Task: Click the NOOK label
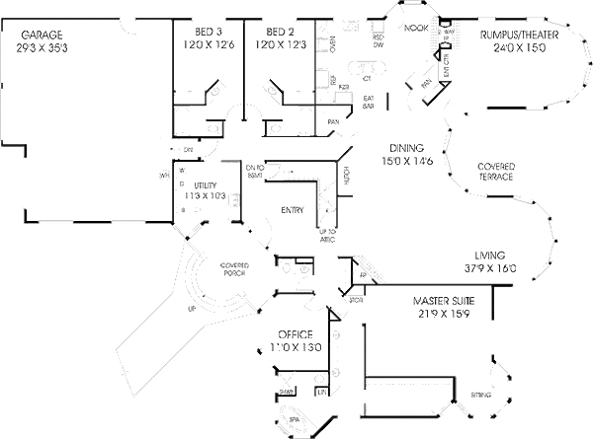416,31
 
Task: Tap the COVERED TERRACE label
495,172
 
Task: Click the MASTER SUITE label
444,300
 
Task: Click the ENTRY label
292,210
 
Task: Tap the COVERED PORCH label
234,269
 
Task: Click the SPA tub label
294,417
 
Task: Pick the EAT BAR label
368,102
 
